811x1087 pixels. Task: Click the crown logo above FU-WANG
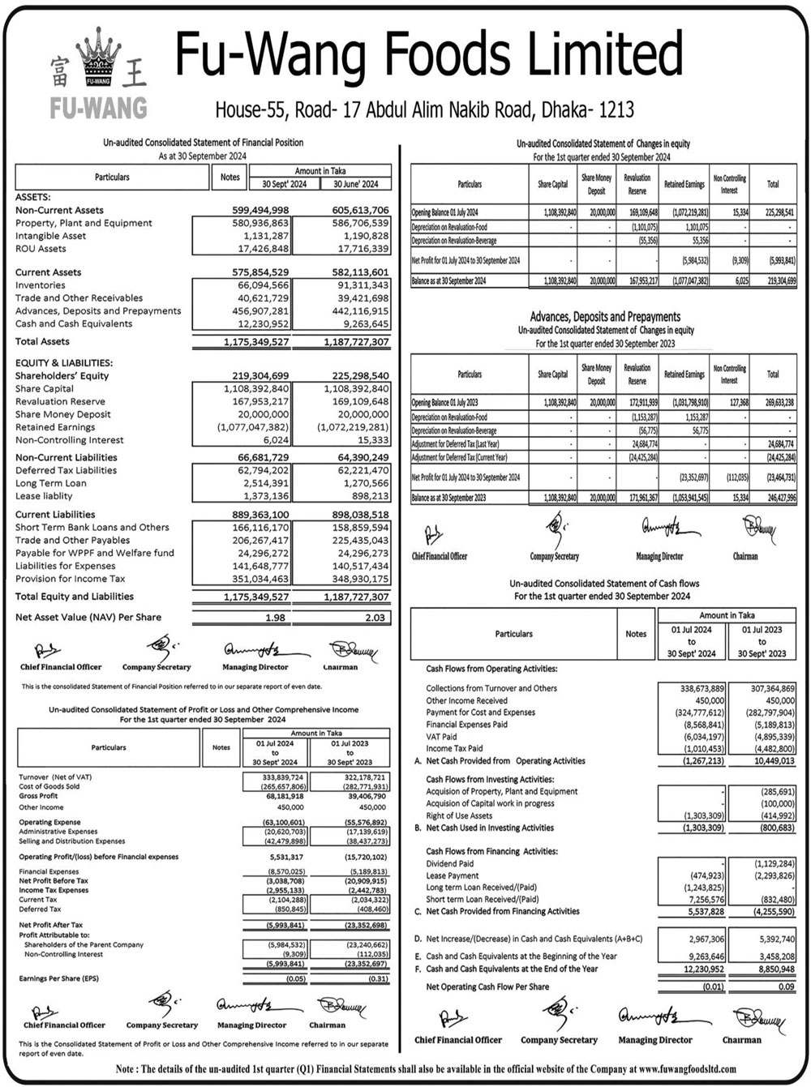(98, 58)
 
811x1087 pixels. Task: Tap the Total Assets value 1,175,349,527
(256, 342)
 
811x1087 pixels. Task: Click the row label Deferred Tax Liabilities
(67, 470)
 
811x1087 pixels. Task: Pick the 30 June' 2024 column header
(356, 184)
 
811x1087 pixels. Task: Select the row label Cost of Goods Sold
(49, 786)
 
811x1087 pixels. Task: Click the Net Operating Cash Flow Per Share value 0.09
(784, 986)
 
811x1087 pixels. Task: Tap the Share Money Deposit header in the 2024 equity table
(596, 184)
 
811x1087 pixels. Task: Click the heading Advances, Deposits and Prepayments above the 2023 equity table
(605, 317)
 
